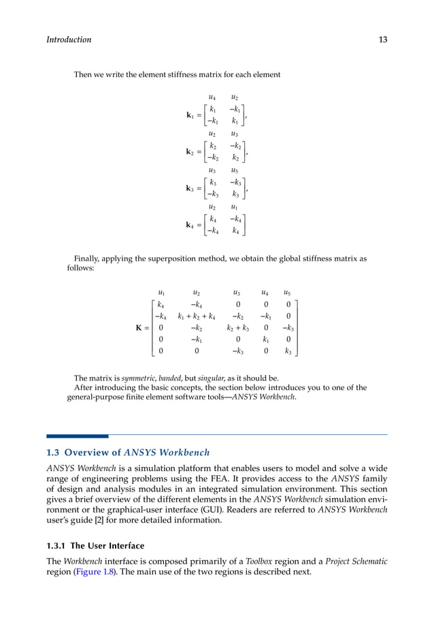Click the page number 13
click(x=382, y=39)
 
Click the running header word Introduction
click(x=69, y=39)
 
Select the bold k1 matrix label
click(x=190, y=115)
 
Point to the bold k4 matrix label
click(x=190, y=225)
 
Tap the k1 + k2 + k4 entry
click(x=197, y=316)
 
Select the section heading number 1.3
click(x=53, y=452)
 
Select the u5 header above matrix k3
click(x=234, y=170)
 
